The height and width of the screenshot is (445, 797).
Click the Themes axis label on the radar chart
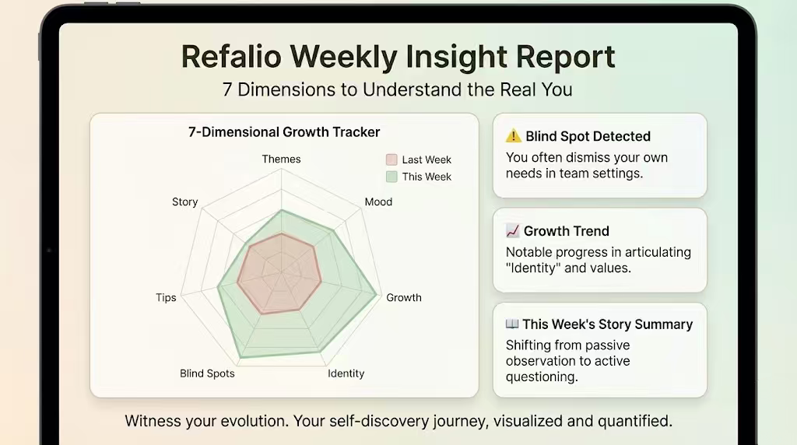click(281, 159)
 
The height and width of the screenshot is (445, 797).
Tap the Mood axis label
click(378, 201)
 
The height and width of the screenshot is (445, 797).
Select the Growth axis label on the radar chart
click(404, 297)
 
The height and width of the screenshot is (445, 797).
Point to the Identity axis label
click(346, 373)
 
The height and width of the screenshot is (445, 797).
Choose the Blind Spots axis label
click(207, 373)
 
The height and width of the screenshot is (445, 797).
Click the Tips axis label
click(166, 297)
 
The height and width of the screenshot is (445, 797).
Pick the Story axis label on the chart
click(184, 201)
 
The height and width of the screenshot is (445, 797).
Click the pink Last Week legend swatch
click(391, 159)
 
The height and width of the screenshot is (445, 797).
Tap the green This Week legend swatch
click(391, 177)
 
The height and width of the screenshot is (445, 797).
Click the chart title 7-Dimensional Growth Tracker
click(284, 132)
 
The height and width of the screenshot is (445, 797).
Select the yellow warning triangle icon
click(514, 136)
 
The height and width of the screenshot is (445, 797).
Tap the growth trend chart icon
click(513, 231)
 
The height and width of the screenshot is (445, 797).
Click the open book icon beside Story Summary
click(512, 324)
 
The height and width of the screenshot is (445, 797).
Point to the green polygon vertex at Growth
click(377, 295)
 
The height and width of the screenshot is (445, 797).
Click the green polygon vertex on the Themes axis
click(281, 210)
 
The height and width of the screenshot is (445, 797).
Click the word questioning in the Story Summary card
click(541, 377)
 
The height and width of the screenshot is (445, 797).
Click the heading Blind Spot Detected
click(588, 136)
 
